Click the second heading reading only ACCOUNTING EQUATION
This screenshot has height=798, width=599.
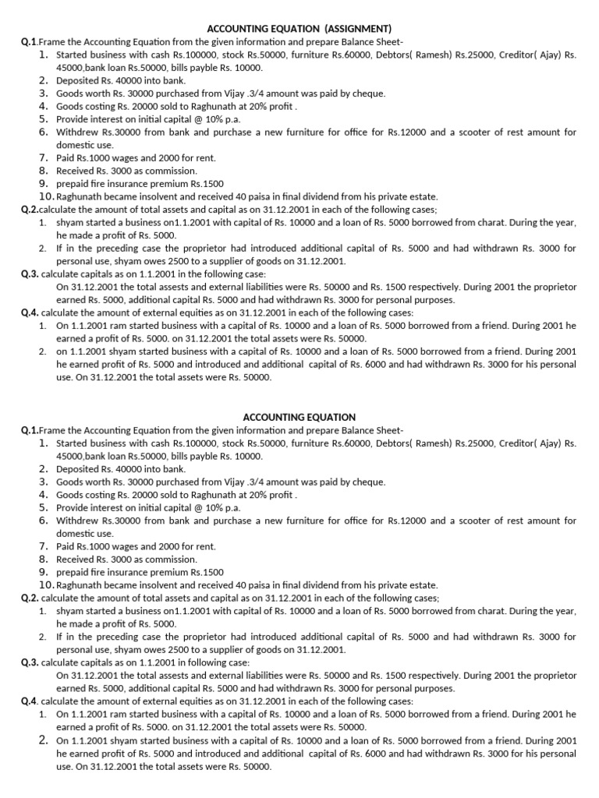pyautogui.click(x=299, y=417)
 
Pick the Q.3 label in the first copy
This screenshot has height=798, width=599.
pyautogui.click(x=30, y=274)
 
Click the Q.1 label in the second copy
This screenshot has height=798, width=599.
pyautogui.click(x=30, y=429)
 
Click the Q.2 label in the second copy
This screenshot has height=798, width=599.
pyautogui.click(x=30, y=598)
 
